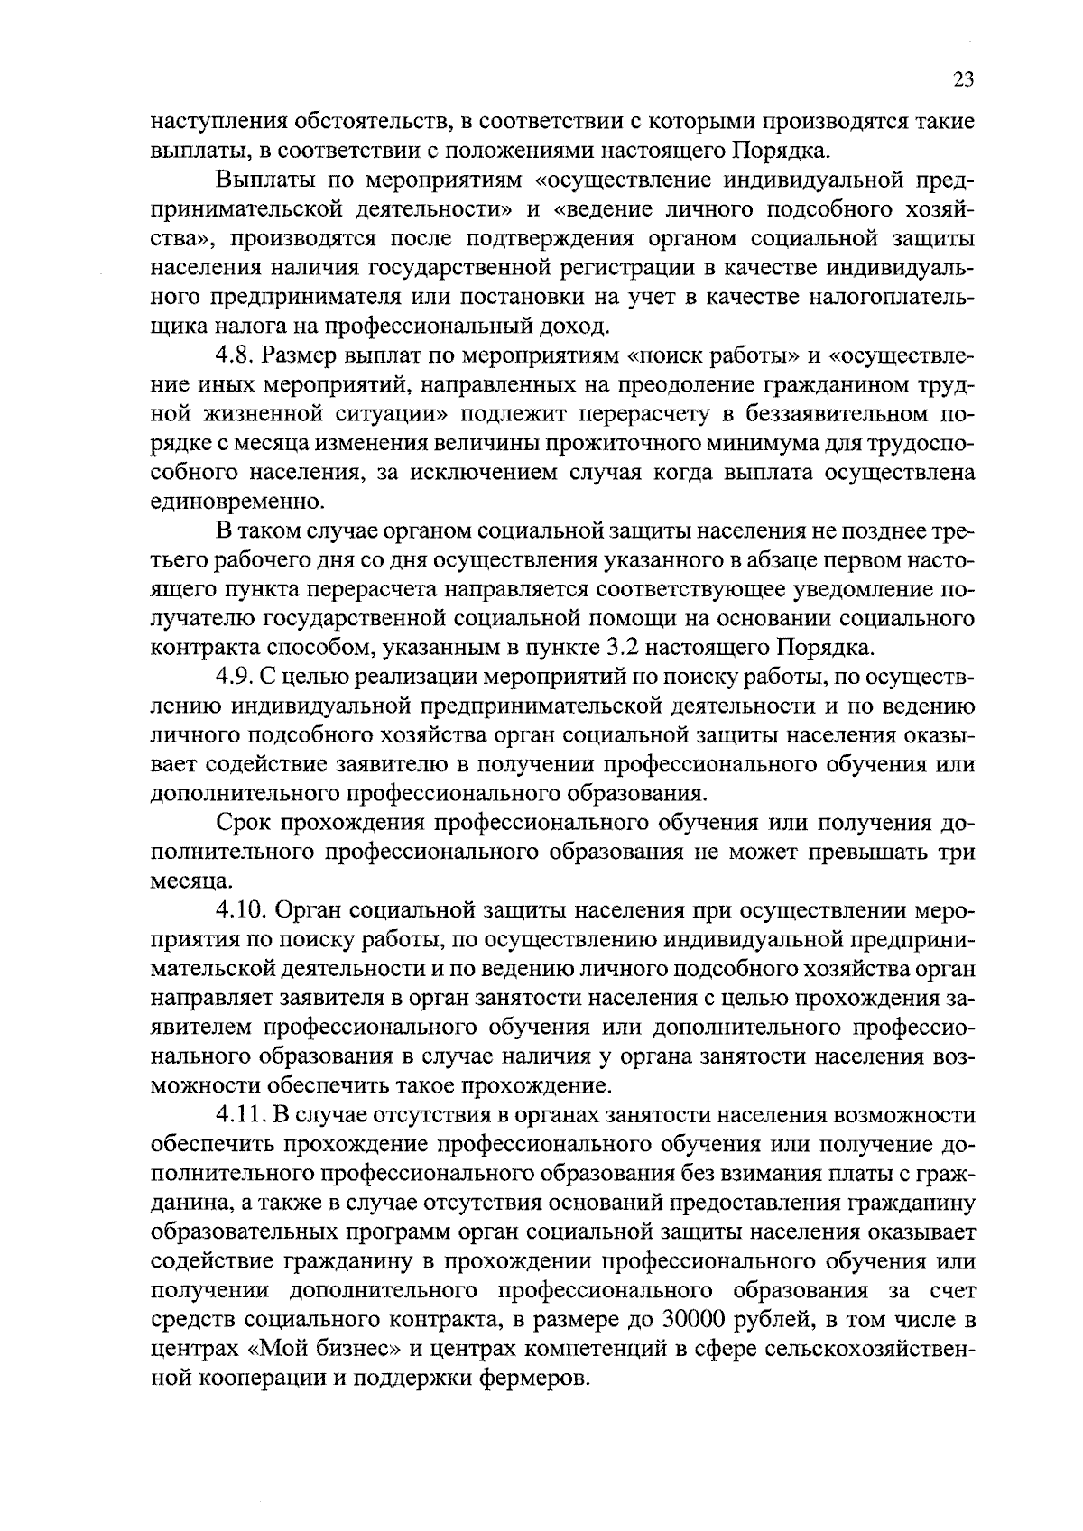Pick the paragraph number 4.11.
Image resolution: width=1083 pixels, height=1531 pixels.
pyautogui.click(x=238, y=1115)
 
